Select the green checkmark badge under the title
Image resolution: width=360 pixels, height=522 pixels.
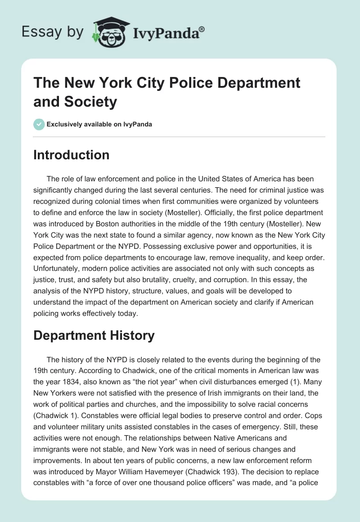tap(39, 124)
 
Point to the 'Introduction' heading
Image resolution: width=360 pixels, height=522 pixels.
tap(71, 155)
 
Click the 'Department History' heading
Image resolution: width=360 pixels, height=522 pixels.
tap(94, 335)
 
